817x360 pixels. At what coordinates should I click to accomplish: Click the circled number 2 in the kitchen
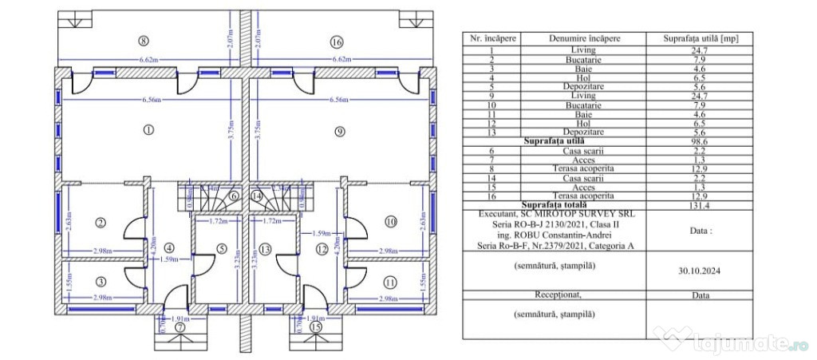(x=101, y=222)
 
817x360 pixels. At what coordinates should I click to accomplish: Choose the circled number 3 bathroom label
(x=101, y=281)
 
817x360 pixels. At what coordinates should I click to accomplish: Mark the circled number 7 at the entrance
(x=180, y=327)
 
